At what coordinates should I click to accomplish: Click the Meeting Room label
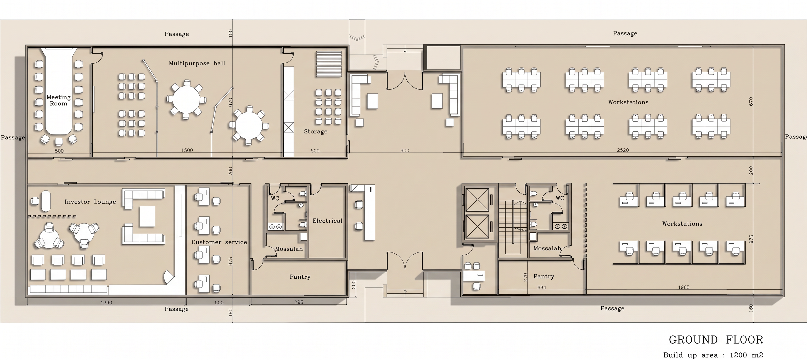59,100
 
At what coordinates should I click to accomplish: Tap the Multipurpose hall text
197,63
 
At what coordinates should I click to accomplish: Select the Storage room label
316,132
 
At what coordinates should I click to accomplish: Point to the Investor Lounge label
90,202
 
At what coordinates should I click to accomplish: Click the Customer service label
219,242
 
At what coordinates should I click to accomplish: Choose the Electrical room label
327,221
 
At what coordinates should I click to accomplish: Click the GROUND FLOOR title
716,340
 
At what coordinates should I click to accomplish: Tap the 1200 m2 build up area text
746,355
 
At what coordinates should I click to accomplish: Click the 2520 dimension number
623,150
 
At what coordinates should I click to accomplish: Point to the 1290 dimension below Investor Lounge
107,303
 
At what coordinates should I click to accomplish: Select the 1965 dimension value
683,287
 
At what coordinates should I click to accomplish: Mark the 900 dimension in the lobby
405,151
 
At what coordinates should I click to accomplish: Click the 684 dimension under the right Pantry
542,288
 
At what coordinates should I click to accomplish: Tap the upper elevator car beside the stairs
477,200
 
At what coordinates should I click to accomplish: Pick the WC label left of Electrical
275,198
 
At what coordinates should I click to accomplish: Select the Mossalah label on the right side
547,249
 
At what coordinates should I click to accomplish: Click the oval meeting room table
59,91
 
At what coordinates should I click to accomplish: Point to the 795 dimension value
299,302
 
